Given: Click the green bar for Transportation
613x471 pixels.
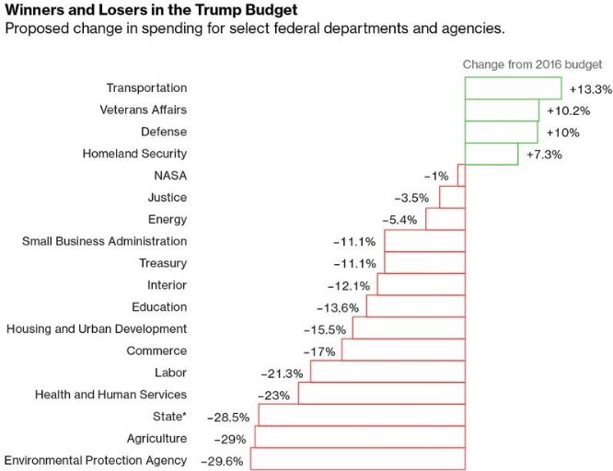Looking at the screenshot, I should pos(513,88).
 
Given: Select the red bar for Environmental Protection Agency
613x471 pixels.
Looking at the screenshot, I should pos(358,460).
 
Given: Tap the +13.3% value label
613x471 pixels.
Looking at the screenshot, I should pos(590,90).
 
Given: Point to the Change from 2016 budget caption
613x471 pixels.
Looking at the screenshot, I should pos(532,65).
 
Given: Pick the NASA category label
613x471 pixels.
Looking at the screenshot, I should pos(170,176).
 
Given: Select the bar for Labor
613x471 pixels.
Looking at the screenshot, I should pos(387,373).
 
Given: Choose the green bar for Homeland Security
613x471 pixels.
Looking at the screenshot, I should pos(492,154).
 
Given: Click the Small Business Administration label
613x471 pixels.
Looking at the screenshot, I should pos(104,241).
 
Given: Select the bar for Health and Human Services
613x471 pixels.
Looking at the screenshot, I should pos(381,395).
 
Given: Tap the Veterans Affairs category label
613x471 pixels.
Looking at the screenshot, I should pos(143,110).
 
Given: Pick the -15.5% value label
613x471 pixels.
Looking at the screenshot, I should pos(326,329).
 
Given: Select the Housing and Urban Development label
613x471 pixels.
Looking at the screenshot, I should pos(97,328).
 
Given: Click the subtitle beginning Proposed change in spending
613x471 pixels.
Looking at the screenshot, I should pos(255,29).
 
